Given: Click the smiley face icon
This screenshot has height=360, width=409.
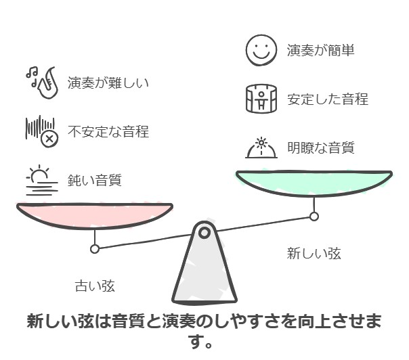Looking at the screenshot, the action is pyautogui.click(x=261, y=50).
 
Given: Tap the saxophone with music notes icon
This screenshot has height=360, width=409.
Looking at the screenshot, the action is pyautogui.click(x=42, y=83).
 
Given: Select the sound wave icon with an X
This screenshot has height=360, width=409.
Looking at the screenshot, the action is pyautogui.click(x=42, y=131).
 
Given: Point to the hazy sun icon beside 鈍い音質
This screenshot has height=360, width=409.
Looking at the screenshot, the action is pyautogui.click(x=42, y=180).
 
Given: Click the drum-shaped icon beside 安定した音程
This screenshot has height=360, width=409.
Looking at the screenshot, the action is pyautogui.click(x=261, y=99).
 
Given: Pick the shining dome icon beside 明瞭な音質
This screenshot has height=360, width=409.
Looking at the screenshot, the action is pyautogui.click(x=261, y=148).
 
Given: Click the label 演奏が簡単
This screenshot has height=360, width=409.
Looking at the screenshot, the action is pyautogui.click(x=320, y=50).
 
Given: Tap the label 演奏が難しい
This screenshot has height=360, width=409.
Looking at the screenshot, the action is pyautogui.click(x=108, y=83).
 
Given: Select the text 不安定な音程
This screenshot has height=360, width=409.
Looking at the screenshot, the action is pyautogui.click(x=108, y=131).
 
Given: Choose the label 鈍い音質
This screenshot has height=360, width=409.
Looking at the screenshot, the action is pyautogui.click(x=94, y=180).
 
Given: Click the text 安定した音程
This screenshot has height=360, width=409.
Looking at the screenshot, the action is pyautogui.click(x=328, y=99).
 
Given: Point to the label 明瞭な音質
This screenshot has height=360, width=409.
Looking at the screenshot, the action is pyautogui.click(x=321, y=148).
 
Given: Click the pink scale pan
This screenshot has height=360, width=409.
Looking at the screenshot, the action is pyautogui.click(x=95, y=216).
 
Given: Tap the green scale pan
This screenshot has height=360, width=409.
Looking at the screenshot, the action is pyautogui.click(x=314, y=183).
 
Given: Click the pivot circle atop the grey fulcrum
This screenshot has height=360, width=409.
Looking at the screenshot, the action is pyautogui.click(x=204, y=233).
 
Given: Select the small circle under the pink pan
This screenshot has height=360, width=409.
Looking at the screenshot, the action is pyautogui.click(x=95, y=249).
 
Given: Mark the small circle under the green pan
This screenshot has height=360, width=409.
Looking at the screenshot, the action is pyautogui.click(x=314, y=217).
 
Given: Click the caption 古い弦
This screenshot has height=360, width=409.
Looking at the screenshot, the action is pyautogui.click(x=95, y=286).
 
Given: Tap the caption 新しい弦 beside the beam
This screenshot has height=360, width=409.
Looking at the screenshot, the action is pyautogui.click(x=314, y=253).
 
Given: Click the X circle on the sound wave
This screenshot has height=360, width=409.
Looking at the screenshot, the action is pyautogui.click(x=49, y=139).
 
